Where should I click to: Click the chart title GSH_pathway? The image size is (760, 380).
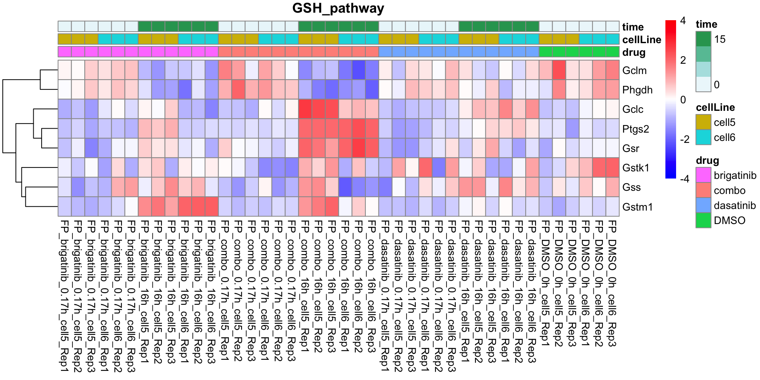pyautogui.click(x=338, y=9)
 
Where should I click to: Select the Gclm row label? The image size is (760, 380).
pyautogui.click(x=634, y=70)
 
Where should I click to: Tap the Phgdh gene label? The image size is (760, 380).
pyautogui.click(x=637, y=90)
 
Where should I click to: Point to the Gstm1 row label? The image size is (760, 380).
pyautogui.click(x=637, y=207)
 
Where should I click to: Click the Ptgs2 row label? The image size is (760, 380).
pyautogui.click(x=635, y=129)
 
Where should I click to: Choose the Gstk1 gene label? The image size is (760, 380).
pyautogui.click(x=635, y=168)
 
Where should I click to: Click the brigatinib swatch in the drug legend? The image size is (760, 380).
pyautogui.click(x=703, y=175)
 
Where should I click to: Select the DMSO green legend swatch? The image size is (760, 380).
pyautogui.click(x=703, y=220)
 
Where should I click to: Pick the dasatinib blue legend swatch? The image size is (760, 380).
pyautogui.click(x=703, y=205)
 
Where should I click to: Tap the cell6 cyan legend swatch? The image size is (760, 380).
pyautogui.click(x=703, y=137)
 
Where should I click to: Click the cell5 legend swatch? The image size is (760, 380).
pyautogui.click(x=703, y=122)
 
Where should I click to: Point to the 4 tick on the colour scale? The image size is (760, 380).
pyautogui.click(x=683, y=21)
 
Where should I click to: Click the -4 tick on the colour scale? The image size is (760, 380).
pyautogui.click(x=684, y=179)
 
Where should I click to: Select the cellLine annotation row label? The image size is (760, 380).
pyautogui.click(x=641, y=40)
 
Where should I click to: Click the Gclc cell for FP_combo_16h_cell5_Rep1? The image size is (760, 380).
pyautogui.click(x=305, y=109)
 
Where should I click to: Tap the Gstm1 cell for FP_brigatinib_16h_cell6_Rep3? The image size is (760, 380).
pyautogui.click(x=212, y=207)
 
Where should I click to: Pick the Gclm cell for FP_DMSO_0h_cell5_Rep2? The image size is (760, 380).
pyautogui.click(x=559, y=70)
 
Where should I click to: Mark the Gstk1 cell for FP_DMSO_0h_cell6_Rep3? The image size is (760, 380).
pyautogui.click(x=612, y=168)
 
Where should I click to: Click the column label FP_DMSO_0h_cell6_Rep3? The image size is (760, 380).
pyautogui.click(x=612, y=283)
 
